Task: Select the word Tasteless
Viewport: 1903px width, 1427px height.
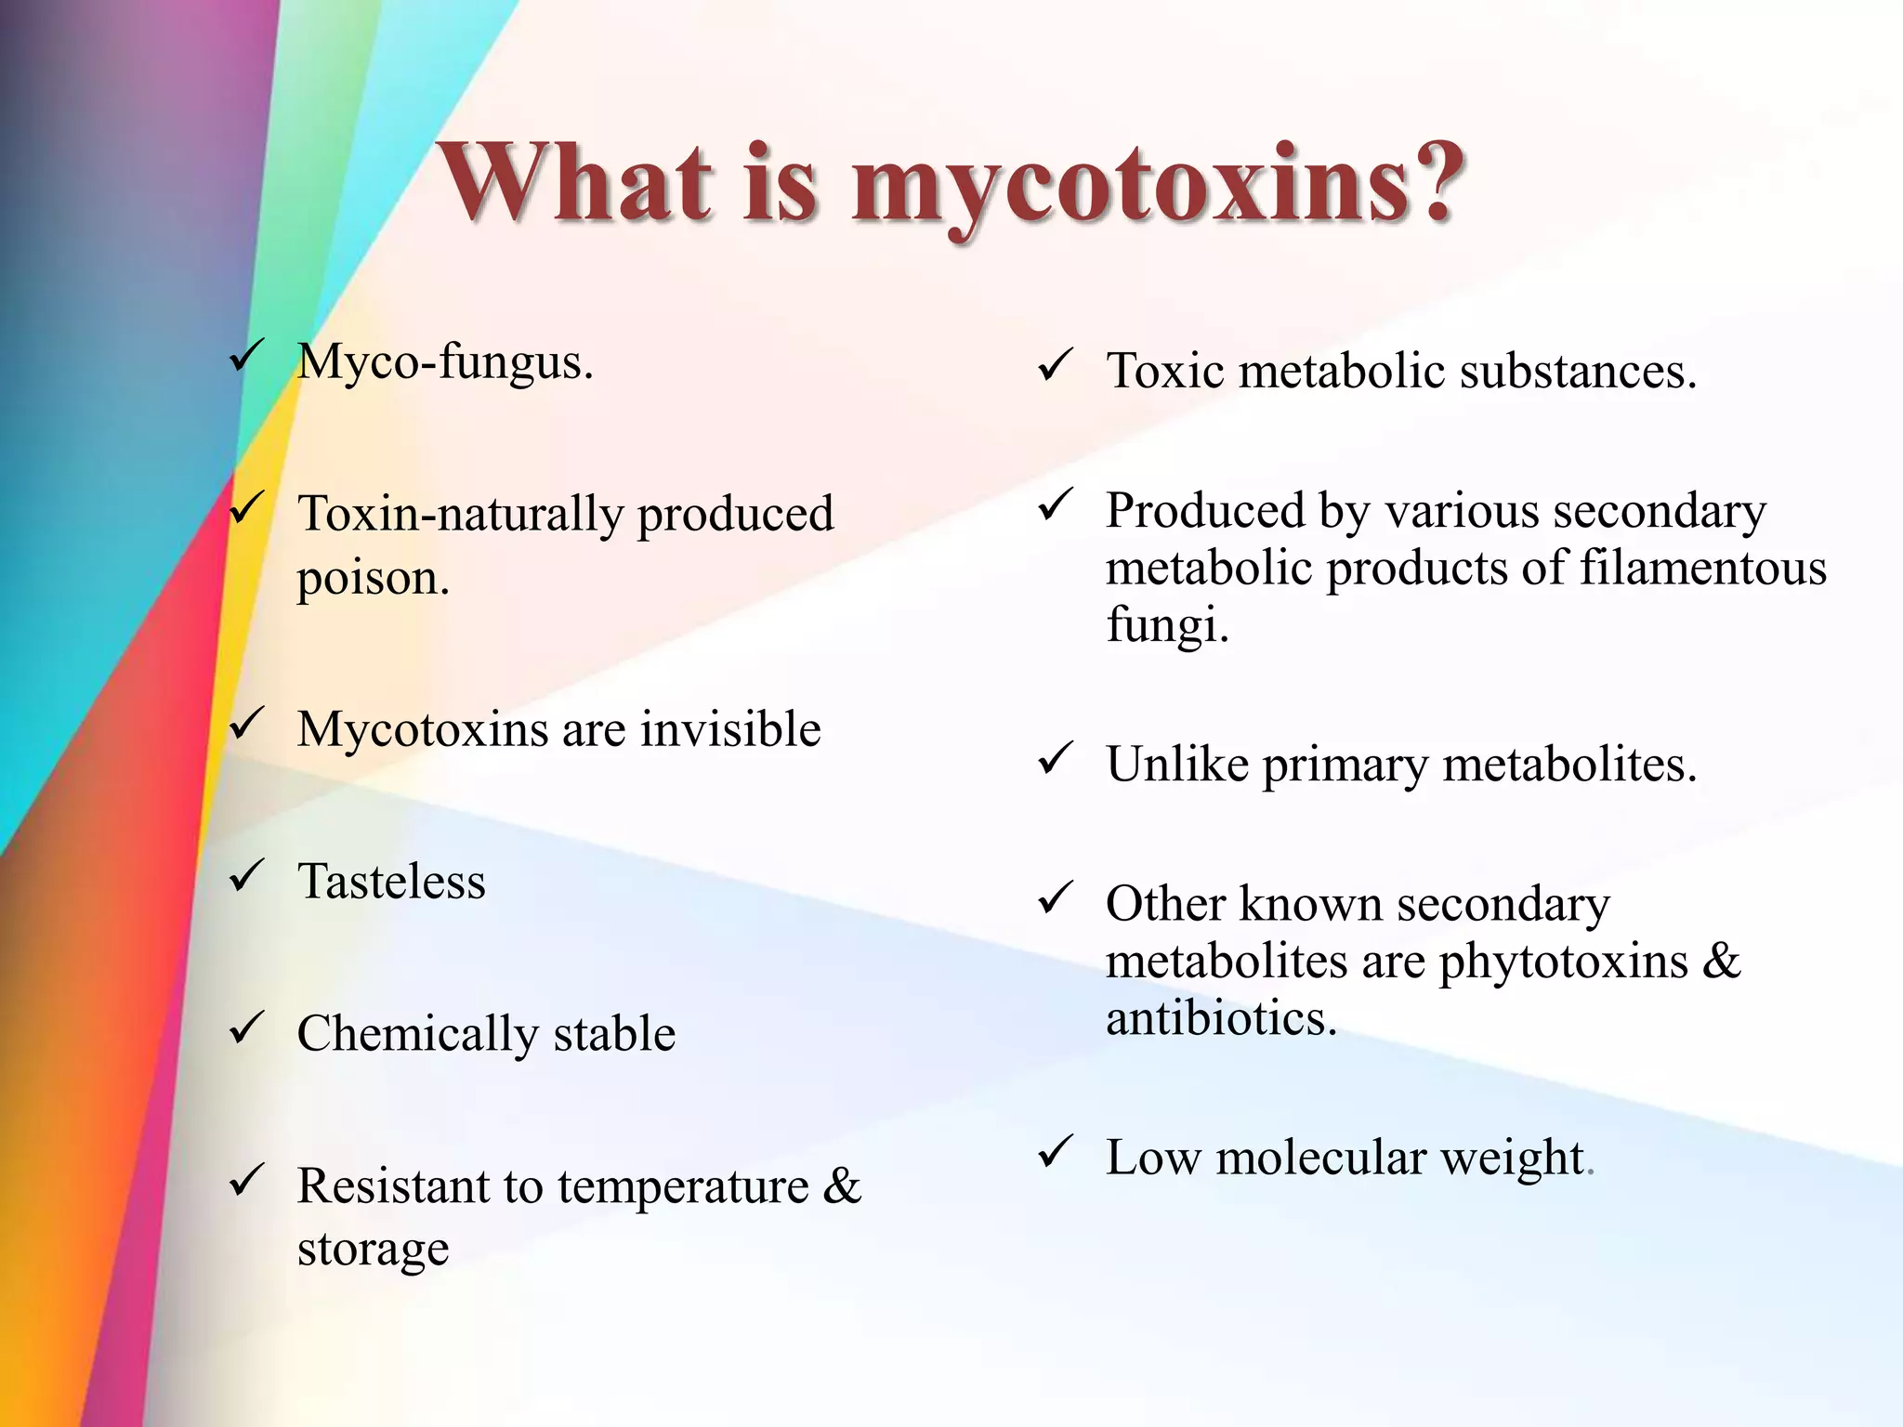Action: (391, 881)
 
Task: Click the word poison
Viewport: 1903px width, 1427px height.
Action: (373, 578)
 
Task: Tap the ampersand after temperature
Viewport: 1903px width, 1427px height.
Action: (842, 1186)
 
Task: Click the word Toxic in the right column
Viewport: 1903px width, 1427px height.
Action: (1165, 371)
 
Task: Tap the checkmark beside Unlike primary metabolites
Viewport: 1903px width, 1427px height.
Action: (1056, 759)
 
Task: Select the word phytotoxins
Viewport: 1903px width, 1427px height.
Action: (1563, 962)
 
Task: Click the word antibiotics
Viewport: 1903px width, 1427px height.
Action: (1220, 1018)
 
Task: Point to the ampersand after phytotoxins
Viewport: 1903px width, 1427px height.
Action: (1722, 961)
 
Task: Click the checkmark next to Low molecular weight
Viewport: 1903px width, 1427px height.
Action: (1056, 1153)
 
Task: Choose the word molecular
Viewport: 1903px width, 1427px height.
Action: (1320, 1159)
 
